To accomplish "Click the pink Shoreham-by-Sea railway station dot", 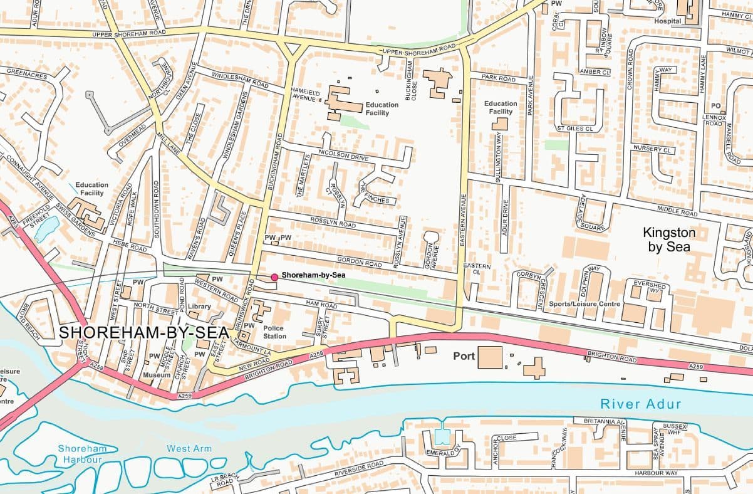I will click(x=274, y=276).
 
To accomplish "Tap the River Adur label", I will click(x=640, y=404).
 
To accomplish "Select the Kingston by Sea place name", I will click(x=669, y=239).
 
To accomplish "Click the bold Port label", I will click(x=464, y=356).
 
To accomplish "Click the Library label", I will click(x=199, y=307).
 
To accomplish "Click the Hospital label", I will click(x=667, y=21).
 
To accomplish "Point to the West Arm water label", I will click(x=189, y=448).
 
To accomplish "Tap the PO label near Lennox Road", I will click(x=715, y=106).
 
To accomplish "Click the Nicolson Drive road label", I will click(x=343, y=155).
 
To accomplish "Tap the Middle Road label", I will click(x=677, y=210).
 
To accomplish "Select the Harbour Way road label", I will click(x=655, y=473).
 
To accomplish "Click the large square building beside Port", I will click(x=490, y=357).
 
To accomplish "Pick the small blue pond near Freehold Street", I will click(x=46, y=229).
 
